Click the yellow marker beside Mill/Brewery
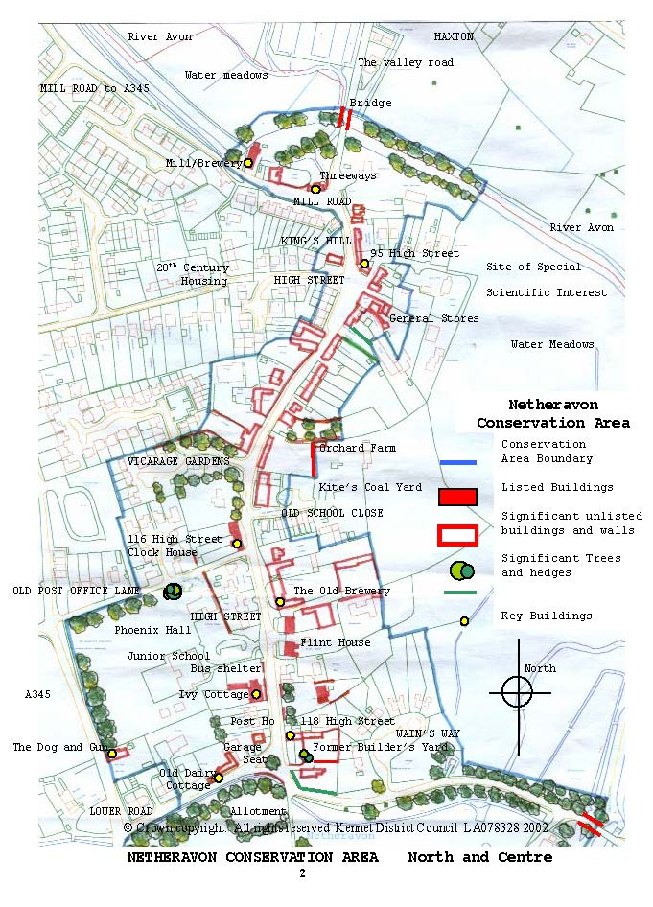point(248,163)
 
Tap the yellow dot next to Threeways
point(315,189)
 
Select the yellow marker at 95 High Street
point(364,264)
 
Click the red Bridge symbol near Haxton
point(344,117)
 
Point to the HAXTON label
point(454,36)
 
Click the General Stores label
point(433,318)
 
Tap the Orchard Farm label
point(357,448)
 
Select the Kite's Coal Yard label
point(370,487)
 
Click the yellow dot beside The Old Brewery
point(280,602)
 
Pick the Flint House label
point(335,642)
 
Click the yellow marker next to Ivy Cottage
point(256,694)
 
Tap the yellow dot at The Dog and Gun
point(112,754)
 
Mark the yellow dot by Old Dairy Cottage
point(219,778)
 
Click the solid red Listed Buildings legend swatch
point(457,497)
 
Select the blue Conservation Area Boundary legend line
point(457,463)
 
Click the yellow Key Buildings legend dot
point(464,621)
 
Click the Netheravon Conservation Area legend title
point(553,413)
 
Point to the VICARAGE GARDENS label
point(179,461)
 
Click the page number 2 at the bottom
point(302,873)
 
